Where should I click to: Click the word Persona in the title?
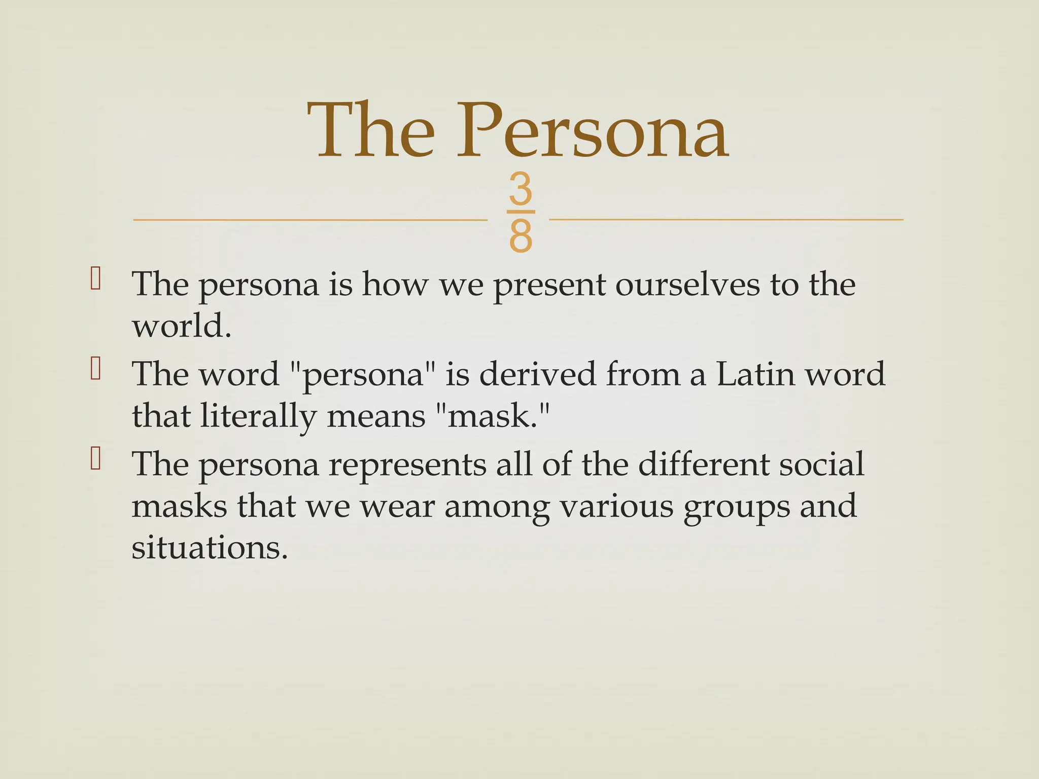point(593,131)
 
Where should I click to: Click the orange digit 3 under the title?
point(521,189)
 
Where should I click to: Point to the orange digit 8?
point(521,236)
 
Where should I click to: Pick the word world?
point(181,326)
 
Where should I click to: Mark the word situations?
point(210,548)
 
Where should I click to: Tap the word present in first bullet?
point(549,286)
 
